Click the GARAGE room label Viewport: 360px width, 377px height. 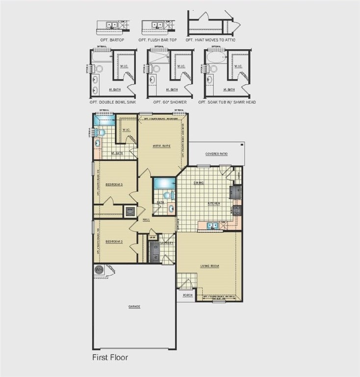[x=134, y=307]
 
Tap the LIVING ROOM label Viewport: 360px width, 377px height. [x=209, y=266]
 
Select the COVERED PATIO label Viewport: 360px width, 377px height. [x=216, y=154]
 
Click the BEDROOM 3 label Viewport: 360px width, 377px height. [x=114, y=184]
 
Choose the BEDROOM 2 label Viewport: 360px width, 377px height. [x=114, y=242]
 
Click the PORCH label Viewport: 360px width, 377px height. [x=187, y=296]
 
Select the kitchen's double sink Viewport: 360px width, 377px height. [x=212, y=226]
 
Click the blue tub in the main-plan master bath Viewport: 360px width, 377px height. [x=104, y=120]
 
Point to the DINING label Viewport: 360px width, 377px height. [x=199, y=183]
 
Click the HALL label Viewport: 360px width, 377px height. [x=146, y=219]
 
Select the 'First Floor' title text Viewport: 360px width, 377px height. [x=110, y=357]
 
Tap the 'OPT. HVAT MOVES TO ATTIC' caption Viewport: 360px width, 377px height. [x=210, y=40]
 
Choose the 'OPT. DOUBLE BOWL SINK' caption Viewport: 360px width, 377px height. [x=113, y=102]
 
